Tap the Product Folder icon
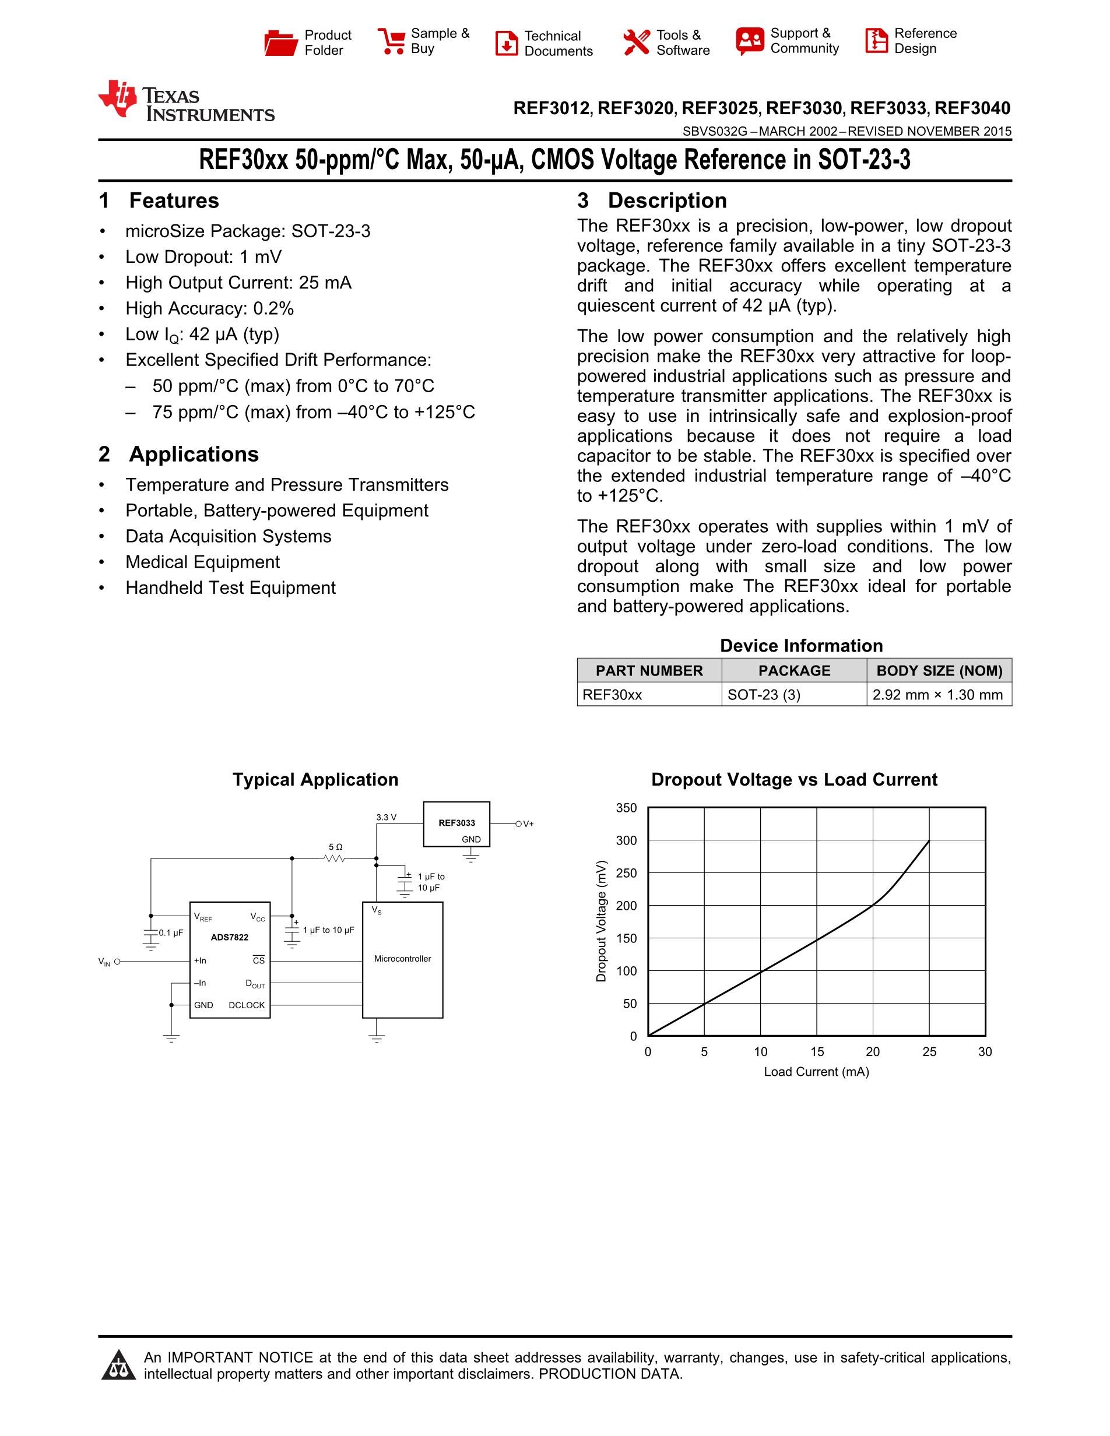[x=281, y=43]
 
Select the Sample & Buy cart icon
[x=392, y=41]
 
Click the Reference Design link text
[x=925, y=41]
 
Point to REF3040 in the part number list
[x=972, y=108]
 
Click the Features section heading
[x=174, y=200]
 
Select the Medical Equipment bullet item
[x=202, y=562]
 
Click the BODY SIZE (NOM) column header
[x=939, y=671]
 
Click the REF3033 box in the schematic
[x=456, y=823]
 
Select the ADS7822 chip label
[x=230, y=938]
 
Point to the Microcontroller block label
[x=402, y=959]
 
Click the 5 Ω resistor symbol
[x=335, y=858]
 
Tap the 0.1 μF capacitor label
[x=170, y=933]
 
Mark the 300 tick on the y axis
[x=626, y=840]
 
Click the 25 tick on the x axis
[x=929, y=1052]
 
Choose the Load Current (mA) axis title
[x=816, y=1072]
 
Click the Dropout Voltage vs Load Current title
[x=793, y=780]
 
